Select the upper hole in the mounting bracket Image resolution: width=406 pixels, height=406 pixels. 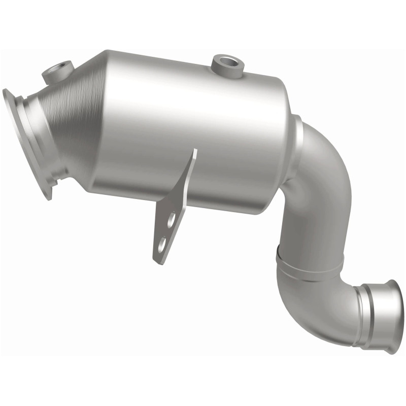173,219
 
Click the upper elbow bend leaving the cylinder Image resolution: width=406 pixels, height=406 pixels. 325,167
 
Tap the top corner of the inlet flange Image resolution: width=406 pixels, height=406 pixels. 6,91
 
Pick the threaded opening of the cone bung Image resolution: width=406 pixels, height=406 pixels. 61,66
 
